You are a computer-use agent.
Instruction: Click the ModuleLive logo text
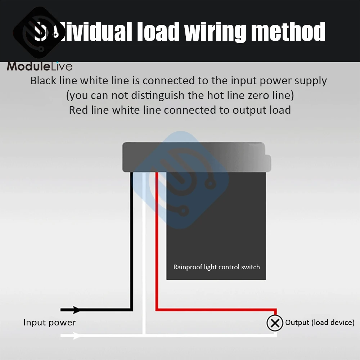click(x=40, y=66)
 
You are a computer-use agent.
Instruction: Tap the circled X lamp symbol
click(x=275, y=323)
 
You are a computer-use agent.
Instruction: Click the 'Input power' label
click(x=50, y=322)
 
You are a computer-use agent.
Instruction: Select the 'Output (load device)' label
click(x=320, y=323)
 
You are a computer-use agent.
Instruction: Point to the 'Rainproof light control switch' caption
click(x=216, y=267)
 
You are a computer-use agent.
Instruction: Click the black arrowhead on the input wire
click(x=76, y=310)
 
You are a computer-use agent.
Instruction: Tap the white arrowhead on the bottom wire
click(x=76, y=336)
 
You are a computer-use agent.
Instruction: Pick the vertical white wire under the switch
click(x=144, y=252)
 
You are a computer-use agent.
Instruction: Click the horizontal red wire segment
click(x=216, y=310)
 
